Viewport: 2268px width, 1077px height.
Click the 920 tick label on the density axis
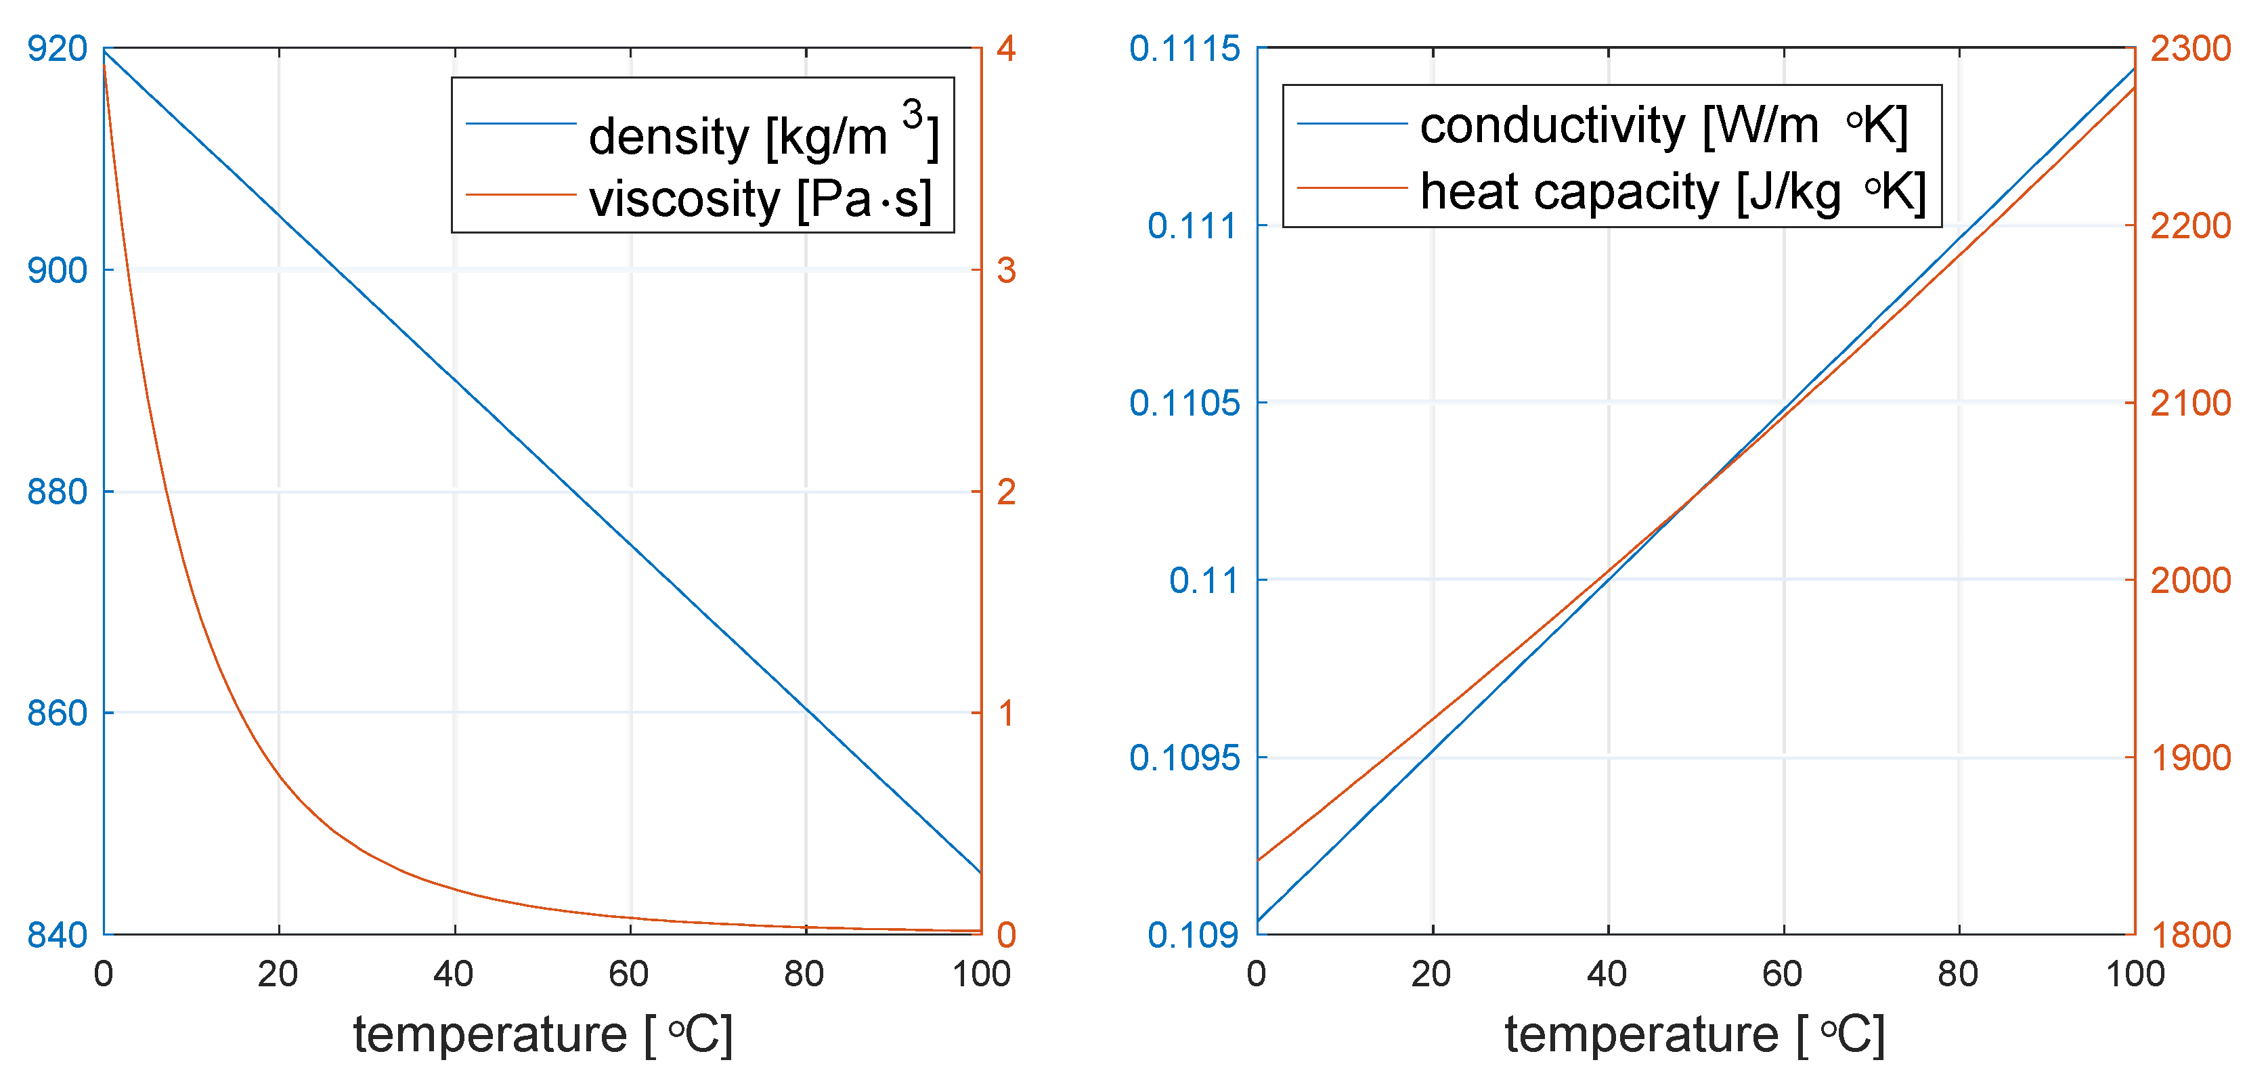click(x=58, y=49)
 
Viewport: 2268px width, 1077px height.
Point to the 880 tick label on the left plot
click(x=58, y=492)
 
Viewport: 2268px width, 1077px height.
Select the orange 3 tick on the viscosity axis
click(x=1006, y=270)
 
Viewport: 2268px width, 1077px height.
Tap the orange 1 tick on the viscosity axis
click(x=1006, y=713)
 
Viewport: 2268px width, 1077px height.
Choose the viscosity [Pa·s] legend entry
click(x=760, y=199)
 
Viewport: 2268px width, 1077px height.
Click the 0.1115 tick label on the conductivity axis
click(x=1184, y=49)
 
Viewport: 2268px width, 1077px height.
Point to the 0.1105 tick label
click(x=1184, y=403)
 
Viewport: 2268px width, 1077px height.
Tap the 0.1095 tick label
click(x=1184, y=758)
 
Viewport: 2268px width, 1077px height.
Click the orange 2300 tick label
click(x=2191, y=49)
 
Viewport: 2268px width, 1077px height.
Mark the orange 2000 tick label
click(x=2191, y=580)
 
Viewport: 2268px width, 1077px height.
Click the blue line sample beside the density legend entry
click(x=521, y=124)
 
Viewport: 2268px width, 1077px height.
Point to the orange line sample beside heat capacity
click(x=1351, y=188)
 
